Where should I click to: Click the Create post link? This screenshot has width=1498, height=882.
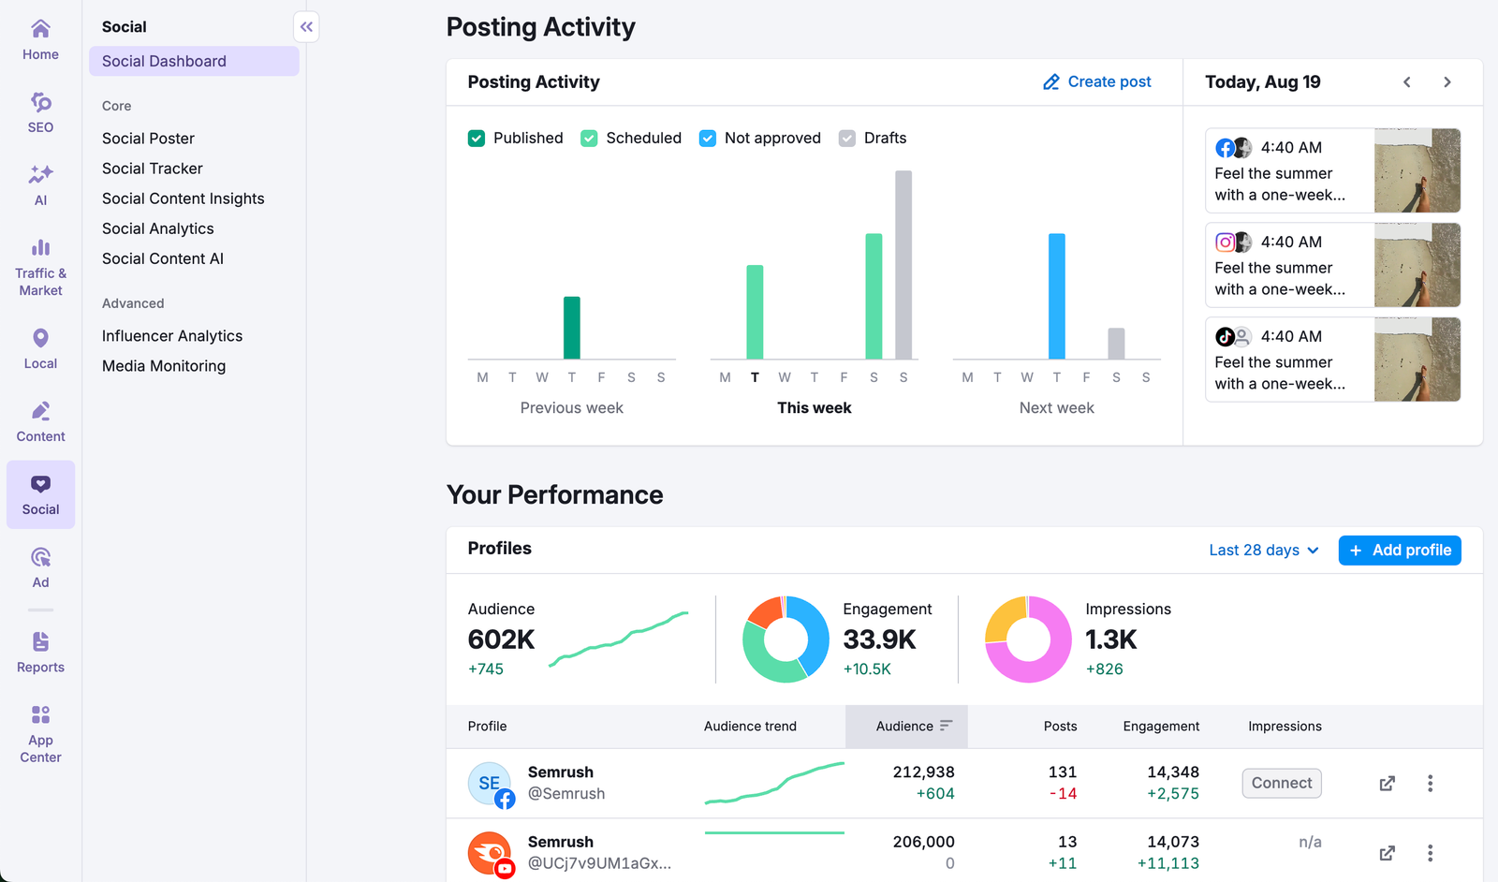coord(1097,82)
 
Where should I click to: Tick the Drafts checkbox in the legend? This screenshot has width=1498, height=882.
coord(847,139)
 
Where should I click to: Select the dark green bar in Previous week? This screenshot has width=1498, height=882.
coord(571,328)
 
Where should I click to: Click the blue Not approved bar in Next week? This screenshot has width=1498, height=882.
coord(1056,296)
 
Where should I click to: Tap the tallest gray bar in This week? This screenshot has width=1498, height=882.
coord(903,265)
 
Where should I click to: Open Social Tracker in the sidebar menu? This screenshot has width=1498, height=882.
coord(152,169)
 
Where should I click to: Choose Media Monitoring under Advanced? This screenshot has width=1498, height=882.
coord(164,366)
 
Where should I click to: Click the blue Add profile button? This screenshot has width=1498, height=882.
coord(1399,551)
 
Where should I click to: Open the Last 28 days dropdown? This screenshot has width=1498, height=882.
coord(1263,551)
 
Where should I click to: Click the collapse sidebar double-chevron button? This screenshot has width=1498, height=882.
coord(306,27)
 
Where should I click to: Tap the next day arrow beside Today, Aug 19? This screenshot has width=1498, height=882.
coord(1447,82)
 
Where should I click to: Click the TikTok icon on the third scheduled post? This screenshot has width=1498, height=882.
coord(1224,336)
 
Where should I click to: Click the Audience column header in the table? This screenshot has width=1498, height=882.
coord(905,727)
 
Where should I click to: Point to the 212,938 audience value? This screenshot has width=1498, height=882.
coord(923,772)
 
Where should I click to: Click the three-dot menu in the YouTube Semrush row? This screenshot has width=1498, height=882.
coord(1430,853)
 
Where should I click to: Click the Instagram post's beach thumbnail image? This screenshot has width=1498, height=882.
coord(1417,265)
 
